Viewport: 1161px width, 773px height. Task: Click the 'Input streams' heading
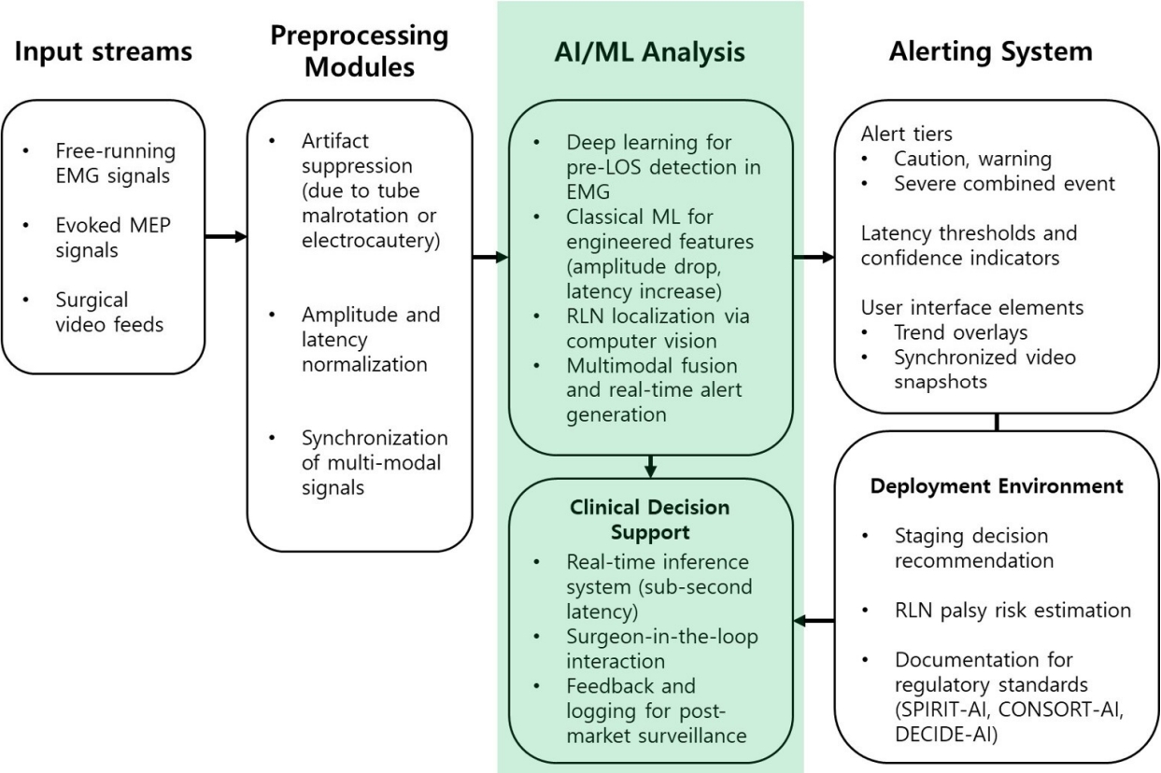[x=103, y=52]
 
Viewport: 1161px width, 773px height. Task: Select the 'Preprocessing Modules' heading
[x=360, y=51]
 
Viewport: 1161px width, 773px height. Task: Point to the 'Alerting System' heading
[x=991, y=51]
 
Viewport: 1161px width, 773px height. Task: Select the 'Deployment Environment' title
[x=996, y=487]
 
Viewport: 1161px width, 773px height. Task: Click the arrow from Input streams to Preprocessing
[x=226, y=237]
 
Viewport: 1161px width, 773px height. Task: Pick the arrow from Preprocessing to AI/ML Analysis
[x=489, y=257]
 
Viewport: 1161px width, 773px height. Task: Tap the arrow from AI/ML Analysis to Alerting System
[x=814, y=257]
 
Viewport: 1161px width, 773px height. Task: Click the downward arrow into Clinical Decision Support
[x=651, y=465]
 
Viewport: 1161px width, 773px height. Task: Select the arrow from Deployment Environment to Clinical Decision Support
[x=814, y=619]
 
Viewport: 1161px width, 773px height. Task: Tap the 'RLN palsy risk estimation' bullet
[x=1012, y=611]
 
